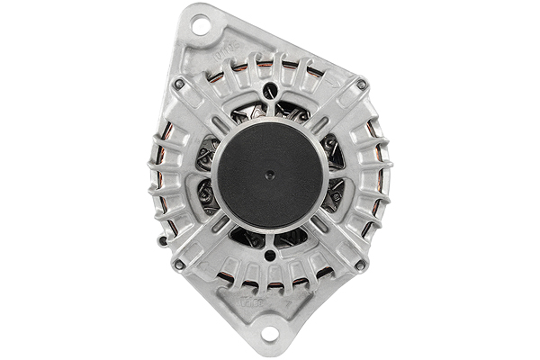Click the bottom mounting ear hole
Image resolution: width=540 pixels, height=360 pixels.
click(x=268, y=336)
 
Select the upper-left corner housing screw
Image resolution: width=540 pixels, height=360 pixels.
click(x=179, y=84)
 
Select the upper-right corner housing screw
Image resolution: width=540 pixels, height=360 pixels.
click(x=361, y=85)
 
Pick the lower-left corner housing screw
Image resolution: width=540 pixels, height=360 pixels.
click(x=179, y=265)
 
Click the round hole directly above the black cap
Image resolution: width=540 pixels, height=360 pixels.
click(x=269, y=92)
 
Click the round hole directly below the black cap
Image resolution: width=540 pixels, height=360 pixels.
click(x=269, y=256)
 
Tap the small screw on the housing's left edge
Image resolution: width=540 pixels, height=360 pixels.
click(x=161, y=240)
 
